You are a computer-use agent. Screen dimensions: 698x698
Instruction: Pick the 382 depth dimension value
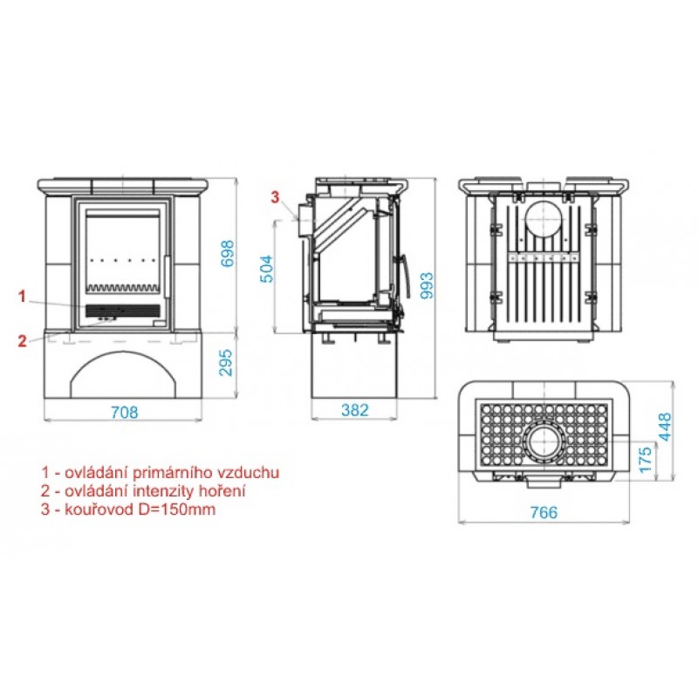pyautogui.click(x=355, y=409)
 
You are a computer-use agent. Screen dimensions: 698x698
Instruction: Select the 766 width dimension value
pyautogui.click(x=543, y=511)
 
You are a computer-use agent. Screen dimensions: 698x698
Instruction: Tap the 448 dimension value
pyautogui.click(x=668, y=428)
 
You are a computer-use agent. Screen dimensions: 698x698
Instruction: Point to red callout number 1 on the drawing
pyautogui.click(x=22, y=297)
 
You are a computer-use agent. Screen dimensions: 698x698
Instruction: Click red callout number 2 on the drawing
pyautogui.click(x=22, y=341)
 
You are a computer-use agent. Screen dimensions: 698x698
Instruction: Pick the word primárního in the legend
pyautogui.click(x=171, y=472)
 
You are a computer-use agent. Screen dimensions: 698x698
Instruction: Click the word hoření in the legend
pyautogui.click(x=221, y=491)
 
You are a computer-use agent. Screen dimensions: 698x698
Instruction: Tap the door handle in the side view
pyautogui.click(x=405, y=279)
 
